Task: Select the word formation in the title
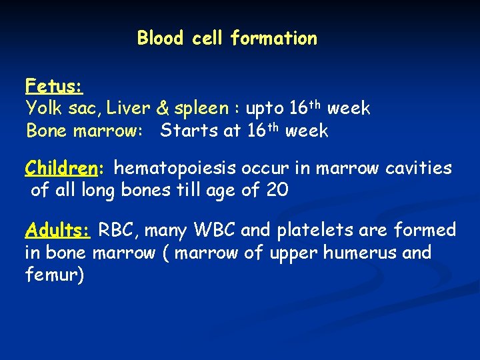273,39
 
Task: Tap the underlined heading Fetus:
53,86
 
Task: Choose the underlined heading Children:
63,169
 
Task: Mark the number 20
277,191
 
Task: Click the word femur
53,275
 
